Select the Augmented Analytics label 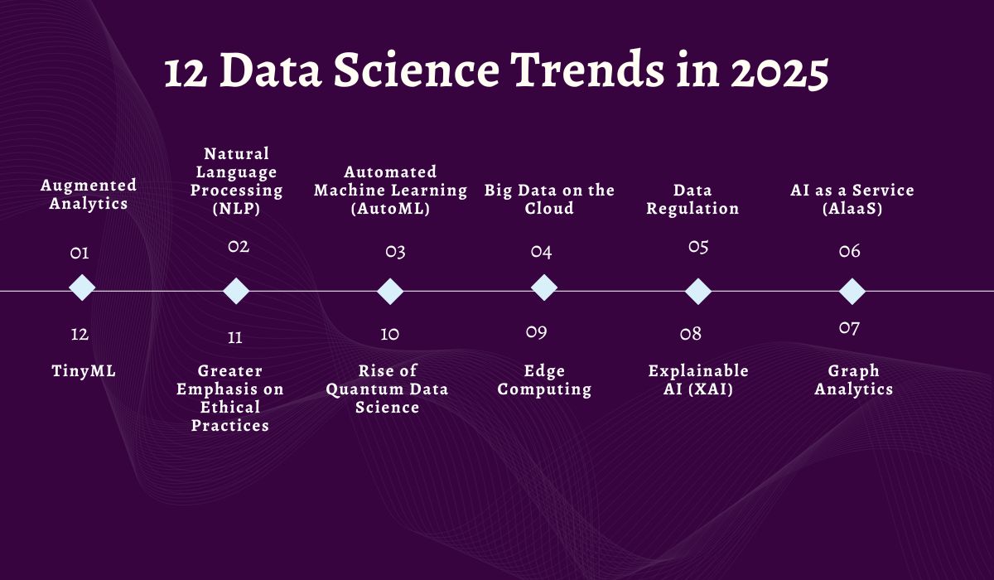(89, 194)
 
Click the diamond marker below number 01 (81, 288)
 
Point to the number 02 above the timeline (239, 246)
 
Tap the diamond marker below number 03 (390, 291)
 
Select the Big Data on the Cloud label (549, 200)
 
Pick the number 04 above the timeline (542, 252)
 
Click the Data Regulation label (692, 200)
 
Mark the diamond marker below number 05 (698, 291)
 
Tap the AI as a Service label (852, 200)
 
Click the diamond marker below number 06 (852, 291)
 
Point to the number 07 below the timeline (849, 328)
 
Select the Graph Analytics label (853, 380)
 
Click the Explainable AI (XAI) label (698, 380)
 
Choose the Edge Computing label (544, 380)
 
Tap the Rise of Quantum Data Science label (387, 389)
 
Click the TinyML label (84, 371)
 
